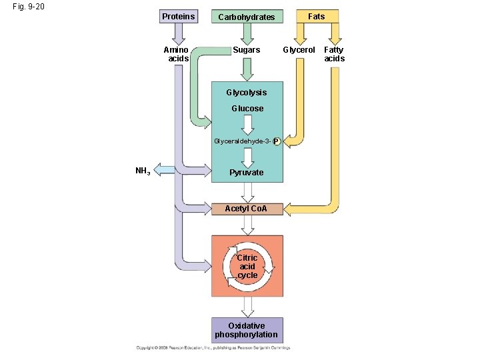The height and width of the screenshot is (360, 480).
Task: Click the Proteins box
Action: (x=179, y=16)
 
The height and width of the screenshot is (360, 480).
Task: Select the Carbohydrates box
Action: (x=247, y=17)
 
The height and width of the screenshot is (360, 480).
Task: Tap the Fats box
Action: (x=316, y=16)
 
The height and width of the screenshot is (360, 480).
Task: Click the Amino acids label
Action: (x=177, y=54)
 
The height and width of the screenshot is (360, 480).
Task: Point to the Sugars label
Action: (x=246, y=50)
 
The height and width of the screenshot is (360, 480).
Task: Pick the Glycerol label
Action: (x=299, y=50)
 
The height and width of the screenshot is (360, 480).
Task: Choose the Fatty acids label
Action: (x=334, y=54)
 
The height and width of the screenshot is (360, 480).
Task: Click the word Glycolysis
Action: (x=246, y=93)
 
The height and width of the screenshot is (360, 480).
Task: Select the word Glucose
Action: (x=247, y=109)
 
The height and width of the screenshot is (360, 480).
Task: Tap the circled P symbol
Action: (x=277, y=142)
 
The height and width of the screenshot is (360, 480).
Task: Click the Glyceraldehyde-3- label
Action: (x=242, y=141)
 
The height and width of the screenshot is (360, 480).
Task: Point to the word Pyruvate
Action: (x=247, y=173)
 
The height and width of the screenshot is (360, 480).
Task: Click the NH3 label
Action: (x=143, y=171)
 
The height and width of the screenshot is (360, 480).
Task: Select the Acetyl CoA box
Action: (x=247, y=209)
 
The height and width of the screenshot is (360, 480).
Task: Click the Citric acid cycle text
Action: (x=247, y=266)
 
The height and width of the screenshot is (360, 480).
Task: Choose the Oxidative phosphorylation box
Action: (x=247, y=330)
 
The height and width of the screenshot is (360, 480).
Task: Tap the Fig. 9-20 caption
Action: (x=28, y=7)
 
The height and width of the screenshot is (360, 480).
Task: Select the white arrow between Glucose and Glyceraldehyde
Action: (x=247, y=125)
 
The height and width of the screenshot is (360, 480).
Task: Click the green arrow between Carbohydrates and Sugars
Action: (x=247, y=34)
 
